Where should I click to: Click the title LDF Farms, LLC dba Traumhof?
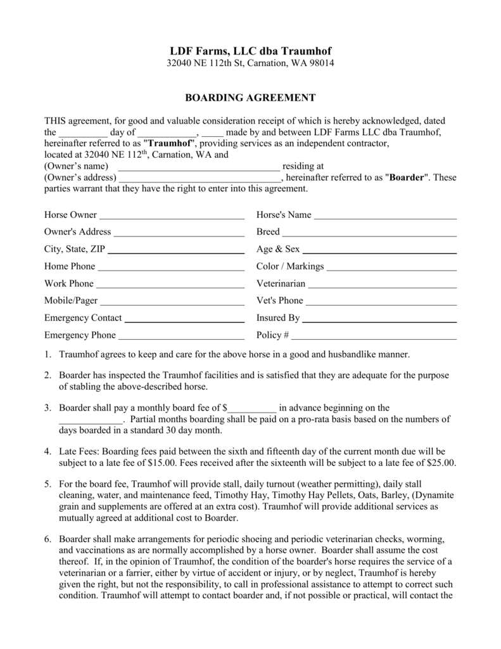coord(250,51)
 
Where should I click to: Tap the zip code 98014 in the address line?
coord(322,63)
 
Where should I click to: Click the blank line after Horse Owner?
coord(172,216)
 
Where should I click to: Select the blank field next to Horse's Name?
coord(385,216)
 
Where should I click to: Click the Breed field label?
coord(268,232)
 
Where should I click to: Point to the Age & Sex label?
coord(278,249)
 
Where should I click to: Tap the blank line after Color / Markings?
coord(391,267)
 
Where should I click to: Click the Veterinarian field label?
coord(281,283)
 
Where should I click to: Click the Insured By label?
coord(278,318)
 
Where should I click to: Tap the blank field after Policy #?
coord(374,336)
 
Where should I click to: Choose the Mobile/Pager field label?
coord(71,300)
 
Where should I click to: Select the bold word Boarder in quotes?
coord(407,177)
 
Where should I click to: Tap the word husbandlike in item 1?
coord(350,354)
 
